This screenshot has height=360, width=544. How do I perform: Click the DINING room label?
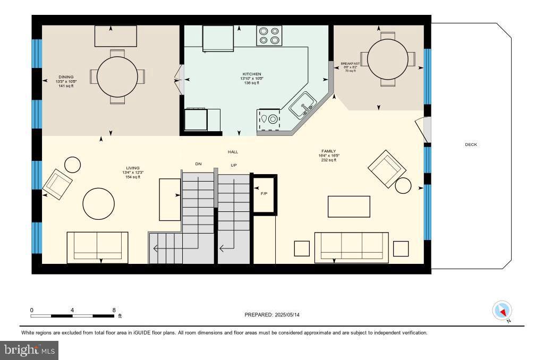(66, 77)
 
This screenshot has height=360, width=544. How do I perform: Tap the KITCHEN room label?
(252, 74)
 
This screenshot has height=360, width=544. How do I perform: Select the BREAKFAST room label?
(350, 64)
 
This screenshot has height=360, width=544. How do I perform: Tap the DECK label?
(471, 144)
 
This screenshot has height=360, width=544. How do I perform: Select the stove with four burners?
(269, 35)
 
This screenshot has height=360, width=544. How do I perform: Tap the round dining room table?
(117, 76)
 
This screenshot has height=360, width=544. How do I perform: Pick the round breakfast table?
(388, 59)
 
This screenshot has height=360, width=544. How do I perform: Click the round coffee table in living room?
(98, 204)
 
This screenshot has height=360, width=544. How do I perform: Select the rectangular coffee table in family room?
(348, 207)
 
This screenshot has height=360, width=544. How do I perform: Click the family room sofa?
(351, 247)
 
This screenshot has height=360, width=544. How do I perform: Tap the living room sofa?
(97, 247)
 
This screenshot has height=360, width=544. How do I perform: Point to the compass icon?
(502, 311)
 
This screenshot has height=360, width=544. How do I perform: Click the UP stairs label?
(233, 166)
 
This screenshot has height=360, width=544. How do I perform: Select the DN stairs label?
(198, 164)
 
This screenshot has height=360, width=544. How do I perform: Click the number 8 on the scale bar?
(114, 310)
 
